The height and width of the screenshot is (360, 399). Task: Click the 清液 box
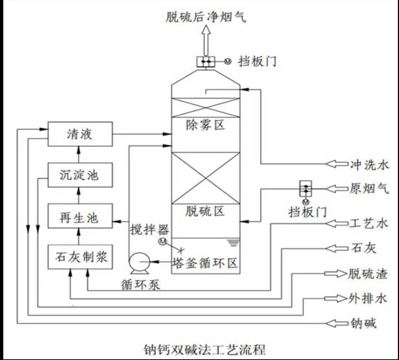click(x=80, y=135)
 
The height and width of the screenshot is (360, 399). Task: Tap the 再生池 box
click(x=80, y=218)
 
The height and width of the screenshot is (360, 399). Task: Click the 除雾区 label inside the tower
click(x=205, y=125)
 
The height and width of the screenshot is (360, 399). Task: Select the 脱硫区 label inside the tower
click(x=205, y=211)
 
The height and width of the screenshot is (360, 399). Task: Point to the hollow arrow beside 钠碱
click(x=337, y=323)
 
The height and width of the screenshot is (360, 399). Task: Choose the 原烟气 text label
click(x=369, y=189)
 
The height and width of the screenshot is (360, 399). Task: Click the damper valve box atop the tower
click(x=206, y=62)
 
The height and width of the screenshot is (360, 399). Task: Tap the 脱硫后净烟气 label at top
click(x=206, y=17)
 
